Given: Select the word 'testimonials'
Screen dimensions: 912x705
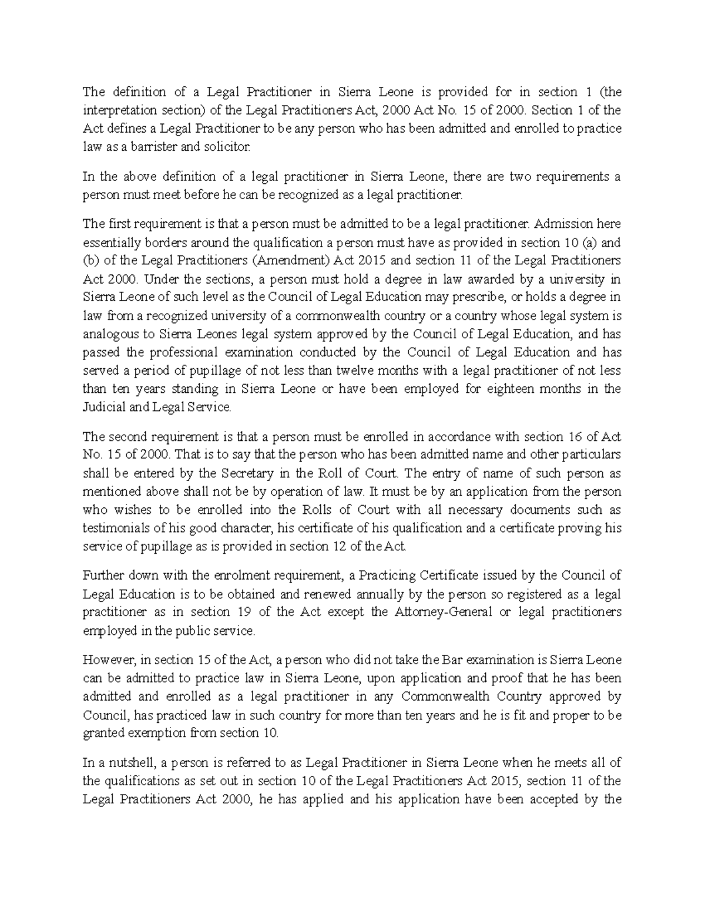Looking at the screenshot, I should click(x=116, y=529).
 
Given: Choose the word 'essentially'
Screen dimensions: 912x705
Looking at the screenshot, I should click(x=110, y=243).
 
